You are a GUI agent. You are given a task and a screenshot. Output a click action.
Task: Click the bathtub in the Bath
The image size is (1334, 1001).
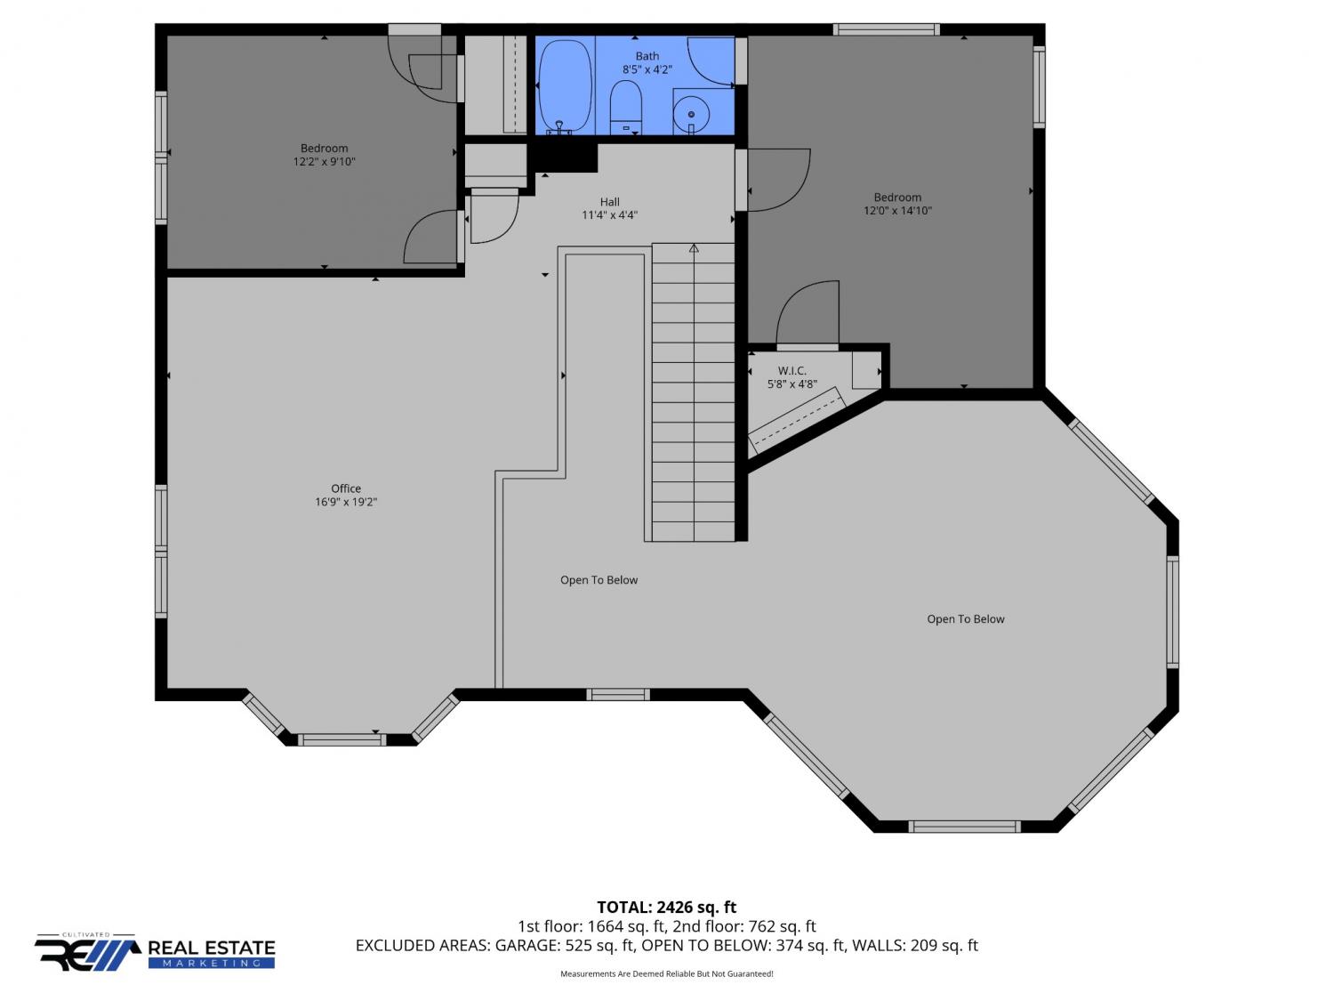[x=565, y=85]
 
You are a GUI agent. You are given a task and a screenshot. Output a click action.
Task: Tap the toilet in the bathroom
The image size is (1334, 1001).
[x=625, y=108]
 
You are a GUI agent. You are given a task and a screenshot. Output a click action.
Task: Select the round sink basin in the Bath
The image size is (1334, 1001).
[x=691, y=114]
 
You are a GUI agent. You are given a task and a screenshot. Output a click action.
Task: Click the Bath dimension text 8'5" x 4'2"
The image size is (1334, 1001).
[x=647, y=69]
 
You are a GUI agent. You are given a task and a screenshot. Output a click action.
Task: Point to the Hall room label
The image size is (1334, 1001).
[x=609, y=202]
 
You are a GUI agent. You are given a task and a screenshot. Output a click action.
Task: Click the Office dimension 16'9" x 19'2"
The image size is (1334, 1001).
[x=346, y=502]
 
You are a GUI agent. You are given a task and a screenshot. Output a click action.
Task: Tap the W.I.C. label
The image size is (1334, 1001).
[x=792, y=371]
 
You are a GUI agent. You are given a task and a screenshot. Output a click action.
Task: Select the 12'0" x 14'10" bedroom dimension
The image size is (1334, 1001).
[x=897, y=211]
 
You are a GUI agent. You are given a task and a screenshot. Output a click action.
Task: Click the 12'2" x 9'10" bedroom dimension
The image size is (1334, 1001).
[x=324, y=162]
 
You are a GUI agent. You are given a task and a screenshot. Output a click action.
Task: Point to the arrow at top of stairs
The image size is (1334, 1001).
[x=694, y=248]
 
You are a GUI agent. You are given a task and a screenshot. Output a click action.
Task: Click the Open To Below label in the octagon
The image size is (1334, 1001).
[x=965, y=619]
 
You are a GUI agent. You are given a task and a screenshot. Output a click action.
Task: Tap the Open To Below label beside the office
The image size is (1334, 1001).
[x=599, y=580]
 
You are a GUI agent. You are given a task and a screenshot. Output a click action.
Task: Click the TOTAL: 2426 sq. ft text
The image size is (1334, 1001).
[x=666, y=908]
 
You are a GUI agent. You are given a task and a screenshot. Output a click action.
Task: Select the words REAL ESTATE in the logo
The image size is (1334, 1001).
[x=212, y=949]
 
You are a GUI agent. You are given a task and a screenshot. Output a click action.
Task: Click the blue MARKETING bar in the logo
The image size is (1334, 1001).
[x=212, y=964]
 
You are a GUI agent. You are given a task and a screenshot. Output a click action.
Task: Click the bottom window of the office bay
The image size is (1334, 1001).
[x=342, y=739]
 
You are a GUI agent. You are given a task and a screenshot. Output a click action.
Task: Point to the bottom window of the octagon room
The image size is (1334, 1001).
[x=965, y=827]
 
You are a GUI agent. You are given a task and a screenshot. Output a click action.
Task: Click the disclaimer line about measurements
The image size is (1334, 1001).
[x=666, y=973]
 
